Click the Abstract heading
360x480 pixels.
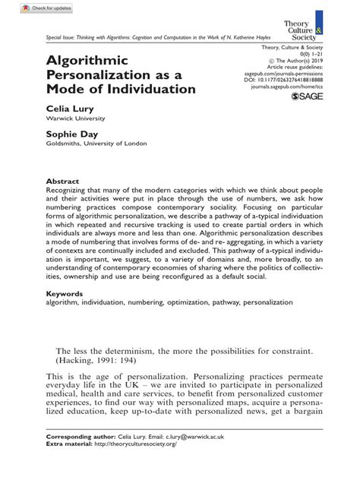62,182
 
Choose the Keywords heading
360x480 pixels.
65,292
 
